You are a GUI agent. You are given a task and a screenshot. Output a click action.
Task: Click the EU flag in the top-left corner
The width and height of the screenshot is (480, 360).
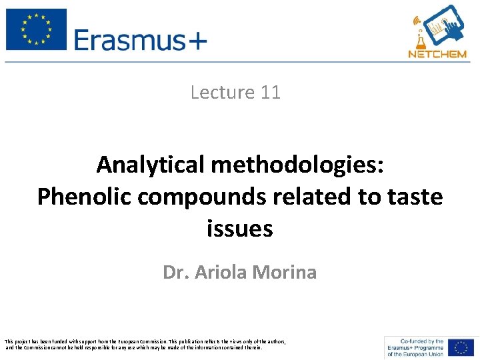point(36,29)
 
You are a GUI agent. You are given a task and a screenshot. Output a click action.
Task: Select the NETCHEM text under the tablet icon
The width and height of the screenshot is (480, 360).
point(437,53)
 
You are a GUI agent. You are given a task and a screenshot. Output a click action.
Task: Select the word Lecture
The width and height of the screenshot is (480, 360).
point(223,92)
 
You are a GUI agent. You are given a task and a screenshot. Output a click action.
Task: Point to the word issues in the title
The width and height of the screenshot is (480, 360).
point(240,229)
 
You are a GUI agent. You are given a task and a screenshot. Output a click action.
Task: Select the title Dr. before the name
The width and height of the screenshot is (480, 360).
point(176,272)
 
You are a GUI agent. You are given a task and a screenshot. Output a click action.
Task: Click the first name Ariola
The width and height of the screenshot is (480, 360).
point(221,272)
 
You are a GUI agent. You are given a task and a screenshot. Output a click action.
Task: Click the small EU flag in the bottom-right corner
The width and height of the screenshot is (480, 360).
point(461,347)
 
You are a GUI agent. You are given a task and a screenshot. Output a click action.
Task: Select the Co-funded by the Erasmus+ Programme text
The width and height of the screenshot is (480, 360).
point(415,347)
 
